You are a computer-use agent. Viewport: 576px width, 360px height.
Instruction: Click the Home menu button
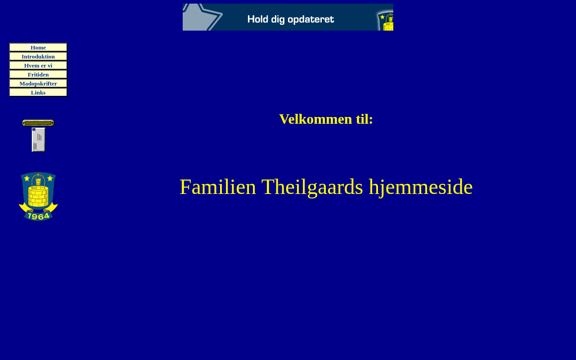[x=38, y=47]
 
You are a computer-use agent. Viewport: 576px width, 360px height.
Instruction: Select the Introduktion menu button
[x=38, y=56]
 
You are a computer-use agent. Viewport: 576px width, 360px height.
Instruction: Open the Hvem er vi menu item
[x=38, y=65]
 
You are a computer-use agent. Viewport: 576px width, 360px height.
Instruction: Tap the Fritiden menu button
[x=38, y=74]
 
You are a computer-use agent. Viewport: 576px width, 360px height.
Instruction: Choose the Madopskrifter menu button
[x=38, y=83]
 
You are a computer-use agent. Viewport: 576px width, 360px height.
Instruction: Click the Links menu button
[x=38, y=92]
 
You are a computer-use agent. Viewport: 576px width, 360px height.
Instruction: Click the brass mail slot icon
[x=38, y=123]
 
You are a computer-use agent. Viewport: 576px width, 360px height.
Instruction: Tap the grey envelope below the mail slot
[x=38, y=139]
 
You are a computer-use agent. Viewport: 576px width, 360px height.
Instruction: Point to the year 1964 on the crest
[x=39, y=216]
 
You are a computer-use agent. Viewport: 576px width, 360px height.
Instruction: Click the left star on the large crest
[x=27, y=178]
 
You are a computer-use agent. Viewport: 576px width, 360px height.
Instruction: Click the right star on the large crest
[x=50, y=178]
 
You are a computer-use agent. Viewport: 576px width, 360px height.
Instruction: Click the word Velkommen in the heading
[x=315, y=119]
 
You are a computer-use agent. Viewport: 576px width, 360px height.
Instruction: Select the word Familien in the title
[x=218, y=187]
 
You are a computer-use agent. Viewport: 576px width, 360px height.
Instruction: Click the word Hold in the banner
[x=258, y=19]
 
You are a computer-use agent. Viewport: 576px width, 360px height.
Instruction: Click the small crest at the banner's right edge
[x=386, y=21]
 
